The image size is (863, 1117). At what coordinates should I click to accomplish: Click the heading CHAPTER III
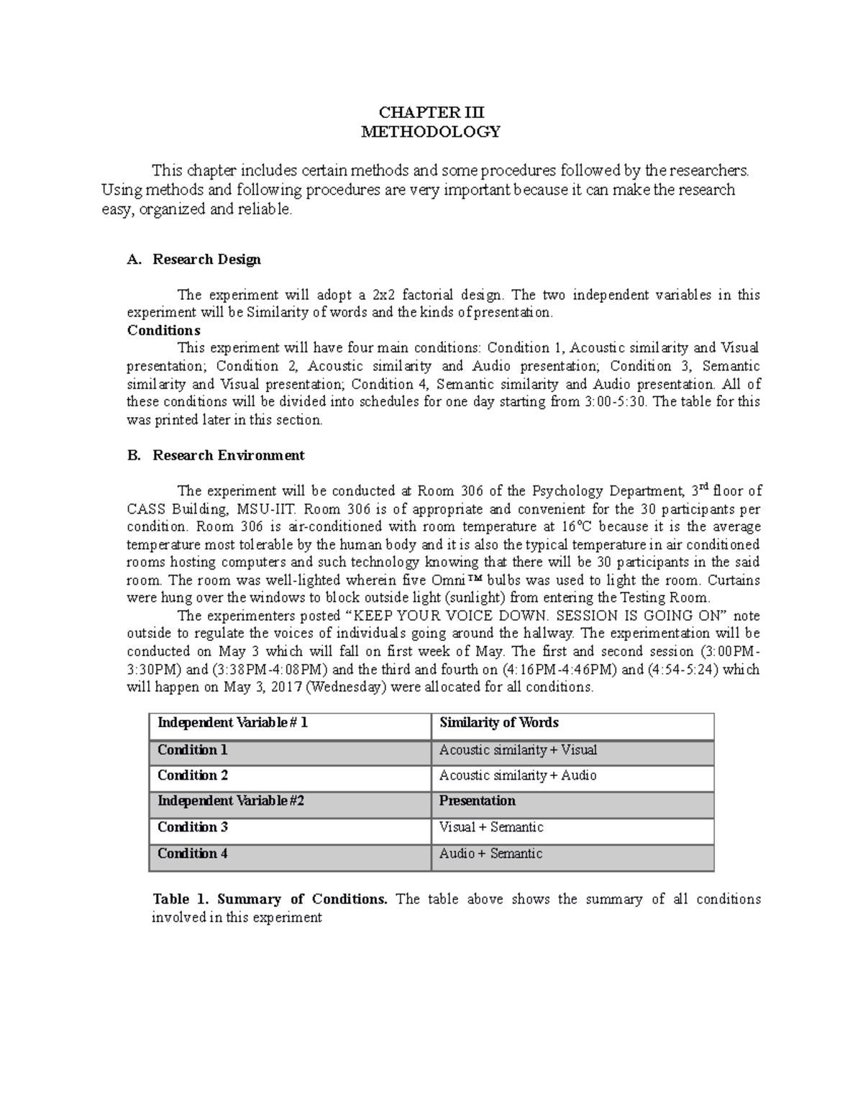pos(431,112)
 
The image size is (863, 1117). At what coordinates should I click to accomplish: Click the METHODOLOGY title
pos(431,132)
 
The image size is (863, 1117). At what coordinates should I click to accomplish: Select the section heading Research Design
pos(206,260)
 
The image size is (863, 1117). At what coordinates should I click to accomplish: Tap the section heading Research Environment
pos(228,455)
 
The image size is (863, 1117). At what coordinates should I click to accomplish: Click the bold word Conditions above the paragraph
pos(163,330)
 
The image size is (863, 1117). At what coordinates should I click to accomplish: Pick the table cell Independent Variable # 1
pos(232,723)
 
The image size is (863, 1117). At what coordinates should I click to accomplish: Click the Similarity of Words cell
pos(498,723)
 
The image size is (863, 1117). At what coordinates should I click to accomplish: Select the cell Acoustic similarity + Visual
pos(518,750)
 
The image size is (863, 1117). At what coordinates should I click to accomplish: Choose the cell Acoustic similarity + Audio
pos(518,775)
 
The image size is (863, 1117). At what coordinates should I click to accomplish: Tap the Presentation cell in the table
pos(477,801)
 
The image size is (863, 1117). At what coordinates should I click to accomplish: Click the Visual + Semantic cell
pos(490,827)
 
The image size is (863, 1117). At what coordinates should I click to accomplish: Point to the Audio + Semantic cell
pos(490,854)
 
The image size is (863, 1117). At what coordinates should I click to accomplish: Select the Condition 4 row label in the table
pos(193,854)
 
